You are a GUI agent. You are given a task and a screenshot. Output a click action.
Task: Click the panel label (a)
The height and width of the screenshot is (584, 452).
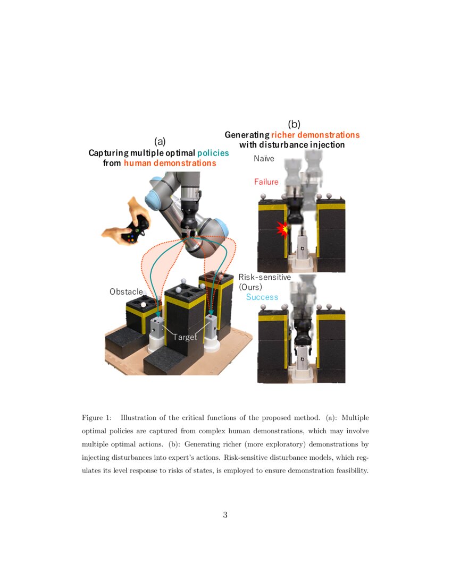click(x=160, y=141)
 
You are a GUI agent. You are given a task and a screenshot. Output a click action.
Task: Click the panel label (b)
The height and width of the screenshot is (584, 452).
click(x=294, y=124)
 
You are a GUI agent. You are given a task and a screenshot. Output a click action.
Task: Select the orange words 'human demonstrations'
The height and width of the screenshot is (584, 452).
click(x=170, y=163)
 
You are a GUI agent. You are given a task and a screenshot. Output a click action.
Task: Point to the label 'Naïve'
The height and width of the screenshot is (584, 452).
click(x=264, y=158)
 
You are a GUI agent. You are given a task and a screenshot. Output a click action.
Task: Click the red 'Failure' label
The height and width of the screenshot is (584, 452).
click(x=266, y=182)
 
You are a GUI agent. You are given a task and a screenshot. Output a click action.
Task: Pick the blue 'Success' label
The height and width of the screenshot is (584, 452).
click(x=262, y=297)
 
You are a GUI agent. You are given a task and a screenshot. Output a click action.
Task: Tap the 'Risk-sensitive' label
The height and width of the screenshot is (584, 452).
click(x=264, y=277)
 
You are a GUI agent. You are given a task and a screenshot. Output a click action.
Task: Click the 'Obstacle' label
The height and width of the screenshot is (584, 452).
click(x=126, y=291)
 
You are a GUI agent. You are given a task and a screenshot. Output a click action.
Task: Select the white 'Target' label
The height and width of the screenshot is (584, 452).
click(x=185, y=337)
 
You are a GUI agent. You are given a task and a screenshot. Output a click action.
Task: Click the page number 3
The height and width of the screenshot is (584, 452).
click(x=225, y=514)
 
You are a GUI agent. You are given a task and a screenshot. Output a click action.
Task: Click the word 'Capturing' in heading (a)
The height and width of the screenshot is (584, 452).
click(x=109, y=152)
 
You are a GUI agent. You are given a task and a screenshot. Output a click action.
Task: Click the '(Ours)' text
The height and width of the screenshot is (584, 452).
click(x=250, y=287)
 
